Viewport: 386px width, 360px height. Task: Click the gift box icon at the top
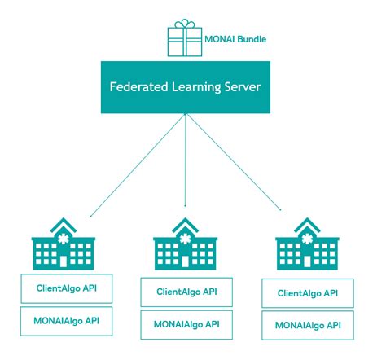click(x=185, y=39)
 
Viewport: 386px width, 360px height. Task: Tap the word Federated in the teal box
click(x=140, y=86)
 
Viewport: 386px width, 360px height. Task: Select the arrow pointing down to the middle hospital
click(x=186, y=163)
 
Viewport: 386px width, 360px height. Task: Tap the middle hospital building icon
click(x=186, y=247)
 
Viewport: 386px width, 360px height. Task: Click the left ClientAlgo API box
click(x=65, y=288)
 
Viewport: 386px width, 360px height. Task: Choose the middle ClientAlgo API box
click(x=186, y=292)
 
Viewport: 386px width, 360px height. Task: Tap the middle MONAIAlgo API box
click(x=186, y=323)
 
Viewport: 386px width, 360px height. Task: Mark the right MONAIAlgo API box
click(x=307, y=325)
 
